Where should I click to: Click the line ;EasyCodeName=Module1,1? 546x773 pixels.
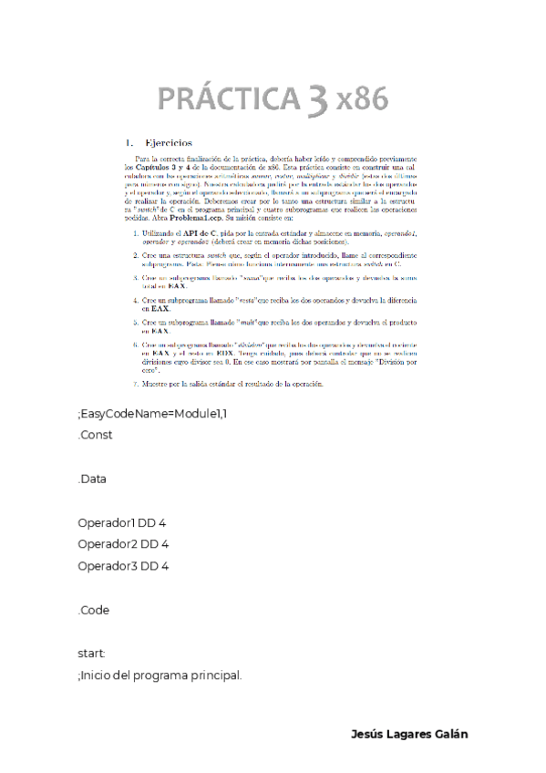[151, 416]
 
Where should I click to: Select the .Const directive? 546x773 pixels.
[96, 435]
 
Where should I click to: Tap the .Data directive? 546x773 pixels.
[93, 479]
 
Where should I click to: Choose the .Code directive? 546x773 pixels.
[94, 610]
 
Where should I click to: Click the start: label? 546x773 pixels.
[92, 654]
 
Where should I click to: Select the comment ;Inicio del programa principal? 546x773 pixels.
[160, 675]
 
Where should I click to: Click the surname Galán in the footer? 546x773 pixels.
[448, 735]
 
